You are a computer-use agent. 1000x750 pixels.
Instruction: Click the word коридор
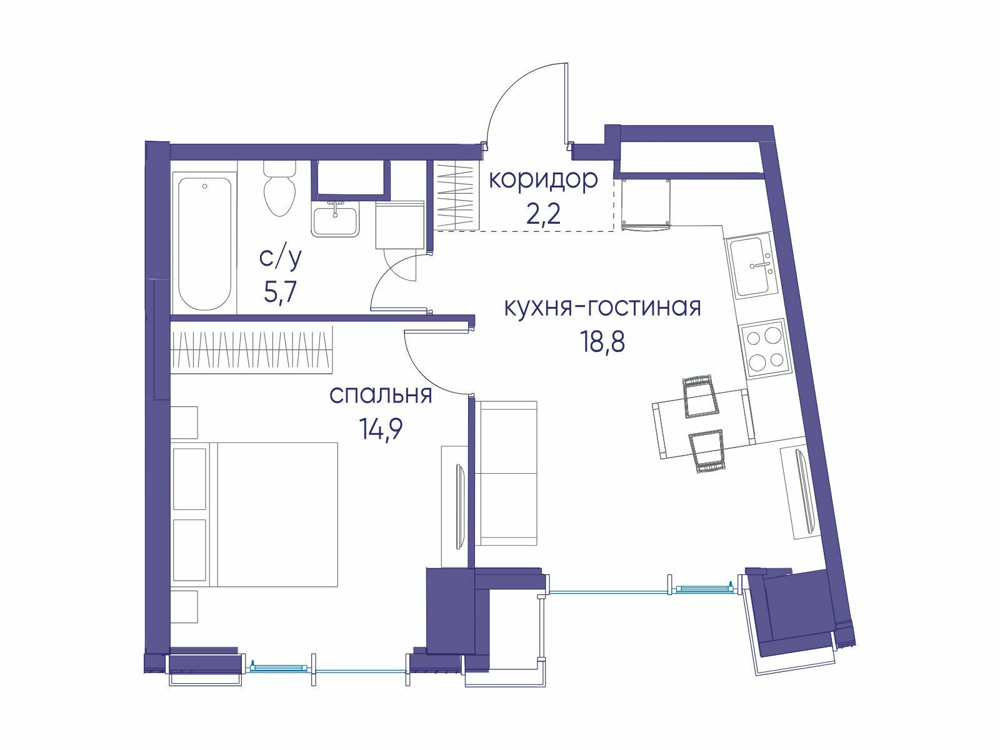pyautogui.click(x=543, y=180)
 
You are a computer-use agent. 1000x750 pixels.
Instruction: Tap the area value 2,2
pyautogui.click(x=543, y=214)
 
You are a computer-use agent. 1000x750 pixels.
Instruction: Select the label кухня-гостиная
pyautogui.click(x=602, y=307)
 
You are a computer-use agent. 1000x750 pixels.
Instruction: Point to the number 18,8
pyautogui.click(x=602, y=341)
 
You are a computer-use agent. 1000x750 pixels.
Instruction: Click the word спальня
pyautogui.click(x=381, y=395)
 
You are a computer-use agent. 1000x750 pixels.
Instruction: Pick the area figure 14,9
pyautogui.click(x=381, y=429)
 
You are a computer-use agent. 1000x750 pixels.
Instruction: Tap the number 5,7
pyautogui.click(x=281, y=292)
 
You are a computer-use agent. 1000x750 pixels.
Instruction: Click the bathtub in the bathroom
pyautogui.click(x=204, y=243)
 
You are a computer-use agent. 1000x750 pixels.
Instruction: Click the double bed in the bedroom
pyautogui.click(x=256, y=514)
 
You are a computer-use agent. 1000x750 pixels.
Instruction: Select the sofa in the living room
pyautogui.click(x=506, y=473)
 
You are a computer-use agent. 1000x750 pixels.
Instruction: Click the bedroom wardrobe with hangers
pyautogui.click(x=252, y=350)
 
